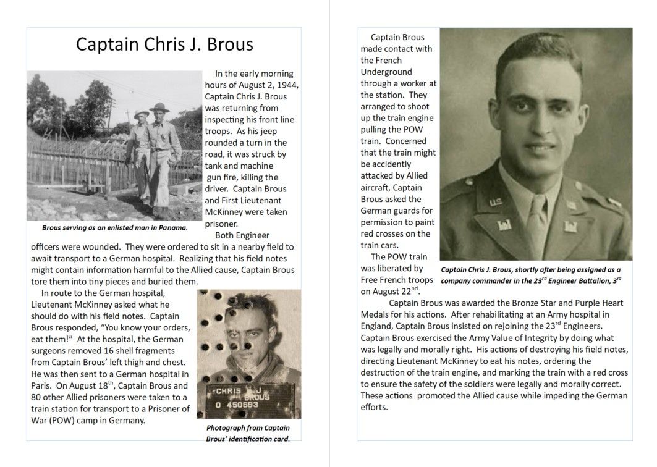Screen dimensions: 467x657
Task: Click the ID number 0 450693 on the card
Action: [x=235, y=403]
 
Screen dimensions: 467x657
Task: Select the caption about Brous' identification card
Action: [x=248, y=433]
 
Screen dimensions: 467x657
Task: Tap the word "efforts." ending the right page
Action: [x=374, y=408]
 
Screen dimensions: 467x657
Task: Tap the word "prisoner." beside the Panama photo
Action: [x=221, y=224]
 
